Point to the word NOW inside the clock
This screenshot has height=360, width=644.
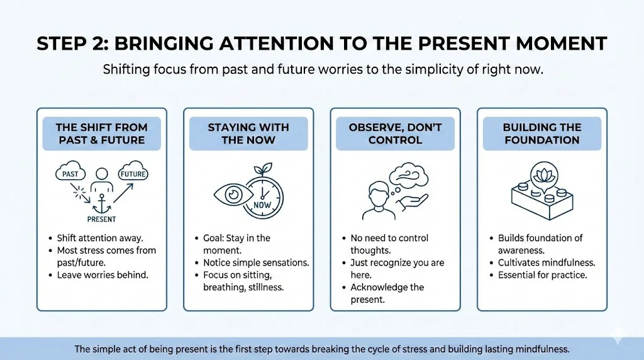click(262, 205)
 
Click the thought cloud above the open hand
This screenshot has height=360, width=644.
click(408, 176)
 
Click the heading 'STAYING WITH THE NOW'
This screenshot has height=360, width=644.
click(248, 133)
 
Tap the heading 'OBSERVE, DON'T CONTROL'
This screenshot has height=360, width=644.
click(395, 133)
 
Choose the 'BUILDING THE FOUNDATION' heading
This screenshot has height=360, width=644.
click(542, 133)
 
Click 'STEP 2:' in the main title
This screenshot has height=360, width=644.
click(73, 43)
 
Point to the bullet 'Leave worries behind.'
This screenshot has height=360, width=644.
click(103, 275)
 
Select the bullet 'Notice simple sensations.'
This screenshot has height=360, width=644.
click(256, 262)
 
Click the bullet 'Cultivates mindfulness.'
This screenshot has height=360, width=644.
click(547, 262)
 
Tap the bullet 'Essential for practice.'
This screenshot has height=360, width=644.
click(543, 275)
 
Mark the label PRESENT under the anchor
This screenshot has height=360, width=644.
click(101, 220)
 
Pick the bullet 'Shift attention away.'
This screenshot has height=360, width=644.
click(100, 238)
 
